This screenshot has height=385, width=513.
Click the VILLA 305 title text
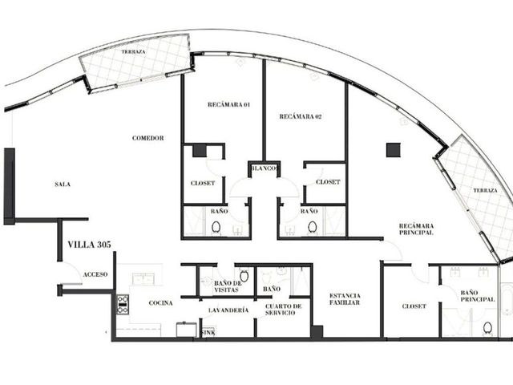coord(89,245)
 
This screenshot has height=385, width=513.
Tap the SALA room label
coord(63,184)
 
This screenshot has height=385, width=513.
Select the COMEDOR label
coord(147,138)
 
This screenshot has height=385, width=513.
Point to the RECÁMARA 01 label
coord(228,104)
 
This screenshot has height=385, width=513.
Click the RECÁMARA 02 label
coord(301,116)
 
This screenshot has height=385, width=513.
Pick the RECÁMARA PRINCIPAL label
coord(417,229)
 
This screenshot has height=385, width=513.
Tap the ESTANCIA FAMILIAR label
coord(345,299)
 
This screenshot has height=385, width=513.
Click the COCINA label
coord(160,303)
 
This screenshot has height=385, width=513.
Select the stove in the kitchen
coord(123,305)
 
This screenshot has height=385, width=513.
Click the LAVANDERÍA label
coord(228,310)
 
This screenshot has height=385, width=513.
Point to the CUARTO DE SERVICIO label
coord(283,310)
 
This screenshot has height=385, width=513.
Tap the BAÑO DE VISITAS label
coord(228,286)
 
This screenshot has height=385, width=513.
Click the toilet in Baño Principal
coord(487,328)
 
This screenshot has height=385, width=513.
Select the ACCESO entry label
coord(95,274)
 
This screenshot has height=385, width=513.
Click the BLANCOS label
coord(265,168)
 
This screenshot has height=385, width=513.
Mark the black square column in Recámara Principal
coord(394,150)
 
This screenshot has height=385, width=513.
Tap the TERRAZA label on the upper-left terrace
coord(134,51)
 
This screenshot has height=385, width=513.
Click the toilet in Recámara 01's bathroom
coord(216,227)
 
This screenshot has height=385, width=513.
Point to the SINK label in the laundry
coord(208,333)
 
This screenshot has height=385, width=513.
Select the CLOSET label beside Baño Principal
coord(414,306)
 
